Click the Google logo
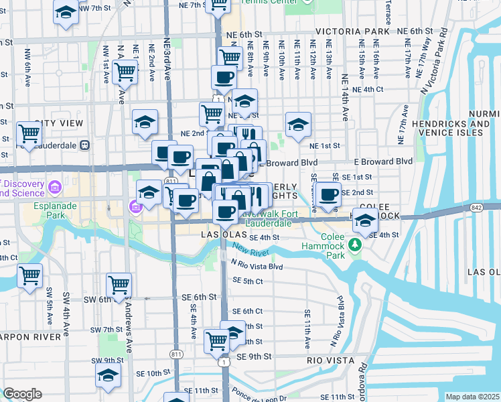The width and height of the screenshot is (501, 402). [x=22, y=394]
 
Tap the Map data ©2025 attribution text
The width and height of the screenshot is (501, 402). [x=472, y=397]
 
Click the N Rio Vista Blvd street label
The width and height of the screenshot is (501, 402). [x=257, y=266]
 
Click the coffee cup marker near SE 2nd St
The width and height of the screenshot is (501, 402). [x=328, y=195]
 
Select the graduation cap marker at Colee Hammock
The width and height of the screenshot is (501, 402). [x=365, y=220]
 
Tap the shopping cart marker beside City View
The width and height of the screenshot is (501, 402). [x=29, y=134]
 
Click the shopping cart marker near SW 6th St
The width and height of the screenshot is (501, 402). [x=119, y=285]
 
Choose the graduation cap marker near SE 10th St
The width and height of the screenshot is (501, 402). [x=107, y=377]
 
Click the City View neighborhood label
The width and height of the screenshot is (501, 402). [x=59, y=123]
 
